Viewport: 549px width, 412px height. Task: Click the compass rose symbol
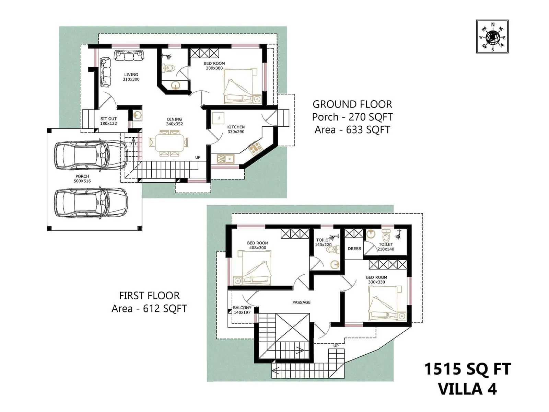click(x=492, y=36)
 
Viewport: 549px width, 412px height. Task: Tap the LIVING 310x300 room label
click(x=131, y=77)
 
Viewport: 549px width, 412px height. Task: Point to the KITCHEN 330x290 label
click(x=236, y=129)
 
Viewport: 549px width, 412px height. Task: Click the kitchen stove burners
click(x=255, y=148)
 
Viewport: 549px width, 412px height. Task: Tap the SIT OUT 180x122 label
click(x=108, y=121)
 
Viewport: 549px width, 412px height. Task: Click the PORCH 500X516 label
click(x=82, y=179)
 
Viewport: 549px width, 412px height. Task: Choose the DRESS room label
click(x=354, y=249)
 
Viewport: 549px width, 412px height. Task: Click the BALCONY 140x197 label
click(x=242, y=310)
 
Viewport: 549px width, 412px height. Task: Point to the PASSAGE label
click(x=301, y=302)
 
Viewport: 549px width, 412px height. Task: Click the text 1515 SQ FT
click(x=467, y=369)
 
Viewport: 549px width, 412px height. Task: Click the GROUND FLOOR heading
click(x=352, y=104)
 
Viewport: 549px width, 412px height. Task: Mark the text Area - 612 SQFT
click(x=149, y=308)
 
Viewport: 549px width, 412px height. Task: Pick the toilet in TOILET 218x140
click(x=387, y=237)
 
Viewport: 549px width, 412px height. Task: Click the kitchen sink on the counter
click(x=225, y=159)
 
